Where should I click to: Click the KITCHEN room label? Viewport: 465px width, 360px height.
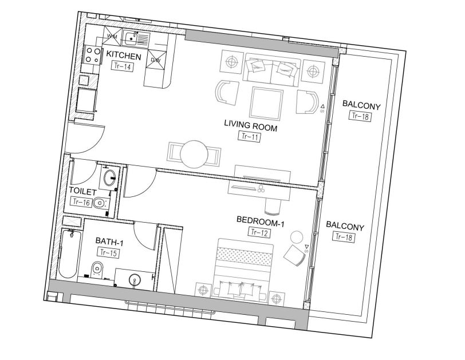[x=123, y=56]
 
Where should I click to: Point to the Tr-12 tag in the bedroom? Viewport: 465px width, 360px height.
[x=259, y=232]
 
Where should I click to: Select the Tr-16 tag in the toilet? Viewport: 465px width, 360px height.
[x=80, y=201]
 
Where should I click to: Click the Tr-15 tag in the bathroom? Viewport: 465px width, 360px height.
[x=108, y=252]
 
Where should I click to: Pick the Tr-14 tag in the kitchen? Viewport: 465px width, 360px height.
[x=121, y=66]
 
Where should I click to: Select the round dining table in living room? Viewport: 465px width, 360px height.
[x=194, y=153]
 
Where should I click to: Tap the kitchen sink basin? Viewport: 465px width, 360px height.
[x=131, y=39]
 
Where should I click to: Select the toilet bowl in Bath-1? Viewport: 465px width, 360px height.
[x=97, y=268]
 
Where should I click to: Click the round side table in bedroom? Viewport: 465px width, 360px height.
[x=297, y=236]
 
